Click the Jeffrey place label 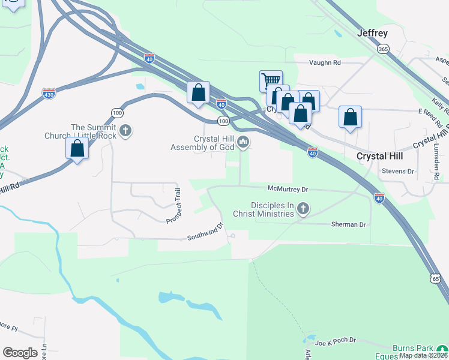(372, 34)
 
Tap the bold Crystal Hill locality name (379, 155)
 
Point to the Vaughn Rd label (325, 62)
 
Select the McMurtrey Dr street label (288, 189)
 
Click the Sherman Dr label (348, 224)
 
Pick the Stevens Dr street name (398, 171)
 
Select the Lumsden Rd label (436, 166)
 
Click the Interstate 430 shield (49, 94)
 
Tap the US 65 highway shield (436, 278)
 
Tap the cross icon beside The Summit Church (125, 130)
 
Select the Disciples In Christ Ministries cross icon (304, 209)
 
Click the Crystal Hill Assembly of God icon (243, 142)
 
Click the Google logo (20, 352)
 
